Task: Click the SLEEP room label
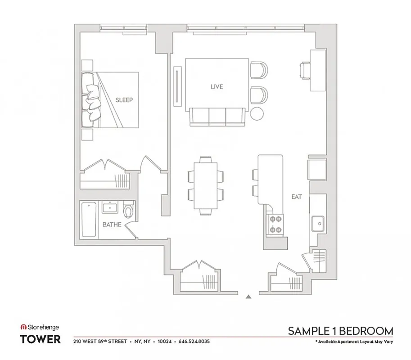124,100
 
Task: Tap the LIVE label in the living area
217,87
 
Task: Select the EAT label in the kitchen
296,197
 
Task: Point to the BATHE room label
112,225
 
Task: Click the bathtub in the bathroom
89,220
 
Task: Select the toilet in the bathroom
129,210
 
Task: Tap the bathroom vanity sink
110,207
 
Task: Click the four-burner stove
276,224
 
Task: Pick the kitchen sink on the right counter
318,222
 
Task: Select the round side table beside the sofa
257,113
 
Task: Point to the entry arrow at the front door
248,297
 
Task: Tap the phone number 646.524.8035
194,342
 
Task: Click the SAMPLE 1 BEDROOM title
340,331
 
